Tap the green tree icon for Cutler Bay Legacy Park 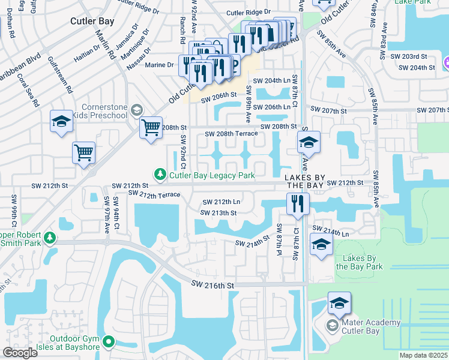click(x=160, y=174)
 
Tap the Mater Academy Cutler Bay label click(x=370, y=327)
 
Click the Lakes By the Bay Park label click(x=358, y=262)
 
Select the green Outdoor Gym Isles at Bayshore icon click(x=108, y=342)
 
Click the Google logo click(x=20, y=353)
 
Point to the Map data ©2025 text click(x=423, y=355)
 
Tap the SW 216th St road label click(x=212, y=284)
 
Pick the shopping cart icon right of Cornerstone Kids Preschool click(x=150, y=128)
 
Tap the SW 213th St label click(x=219, y=212)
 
